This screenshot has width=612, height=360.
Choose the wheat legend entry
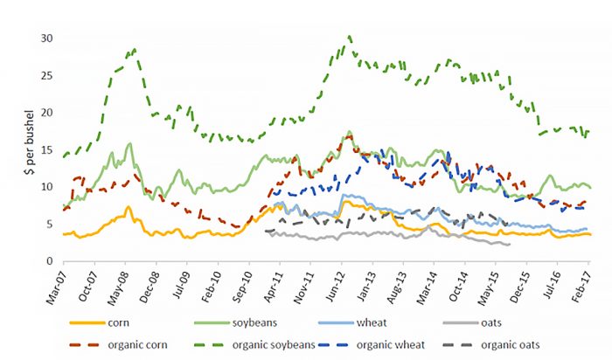[390, 323]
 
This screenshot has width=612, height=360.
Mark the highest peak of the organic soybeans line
[350, 37]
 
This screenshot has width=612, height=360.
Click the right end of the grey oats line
[510, 245]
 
